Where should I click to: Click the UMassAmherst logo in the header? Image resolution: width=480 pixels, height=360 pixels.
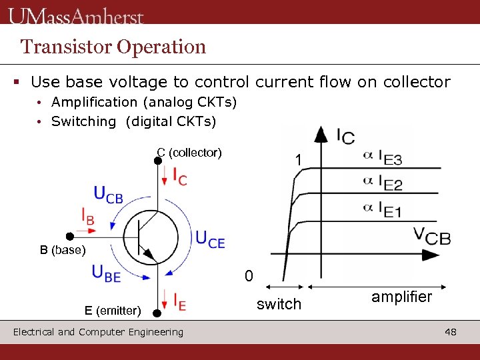point(76,15)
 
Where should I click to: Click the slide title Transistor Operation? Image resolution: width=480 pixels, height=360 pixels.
point(113,47)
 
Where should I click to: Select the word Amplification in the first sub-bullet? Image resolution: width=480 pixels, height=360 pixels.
point(94,102)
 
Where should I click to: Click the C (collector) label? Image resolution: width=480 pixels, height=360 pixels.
point(189,153)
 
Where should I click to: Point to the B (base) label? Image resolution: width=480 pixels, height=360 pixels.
point(63,251)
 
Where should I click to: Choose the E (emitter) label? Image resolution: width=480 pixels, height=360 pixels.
point(113,310)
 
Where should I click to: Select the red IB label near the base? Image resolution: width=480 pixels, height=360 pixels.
point(87,217)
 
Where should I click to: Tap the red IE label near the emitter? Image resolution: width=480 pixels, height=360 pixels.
point(179,302)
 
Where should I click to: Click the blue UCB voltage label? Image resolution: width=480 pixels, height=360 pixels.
point(108,194)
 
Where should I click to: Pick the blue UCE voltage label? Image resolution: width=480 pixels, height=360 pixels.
point(210,239)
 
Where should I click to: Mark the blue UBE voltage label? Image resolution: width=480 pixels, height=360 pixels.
point(107,273)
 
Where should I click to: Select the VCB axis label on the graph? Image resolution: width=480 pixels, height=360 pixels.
point(431,235)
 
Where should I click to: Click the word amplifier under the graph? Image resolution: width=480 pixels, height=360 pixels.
point(401,297)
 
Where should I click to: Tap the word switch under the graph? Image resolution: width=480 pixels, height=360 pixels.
point(279,304)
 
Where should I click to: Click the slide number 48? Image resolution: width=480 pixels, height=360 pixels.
point(451,331)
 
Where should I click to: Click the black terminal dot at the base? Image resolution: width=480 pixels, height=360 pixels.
point(69,236)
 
